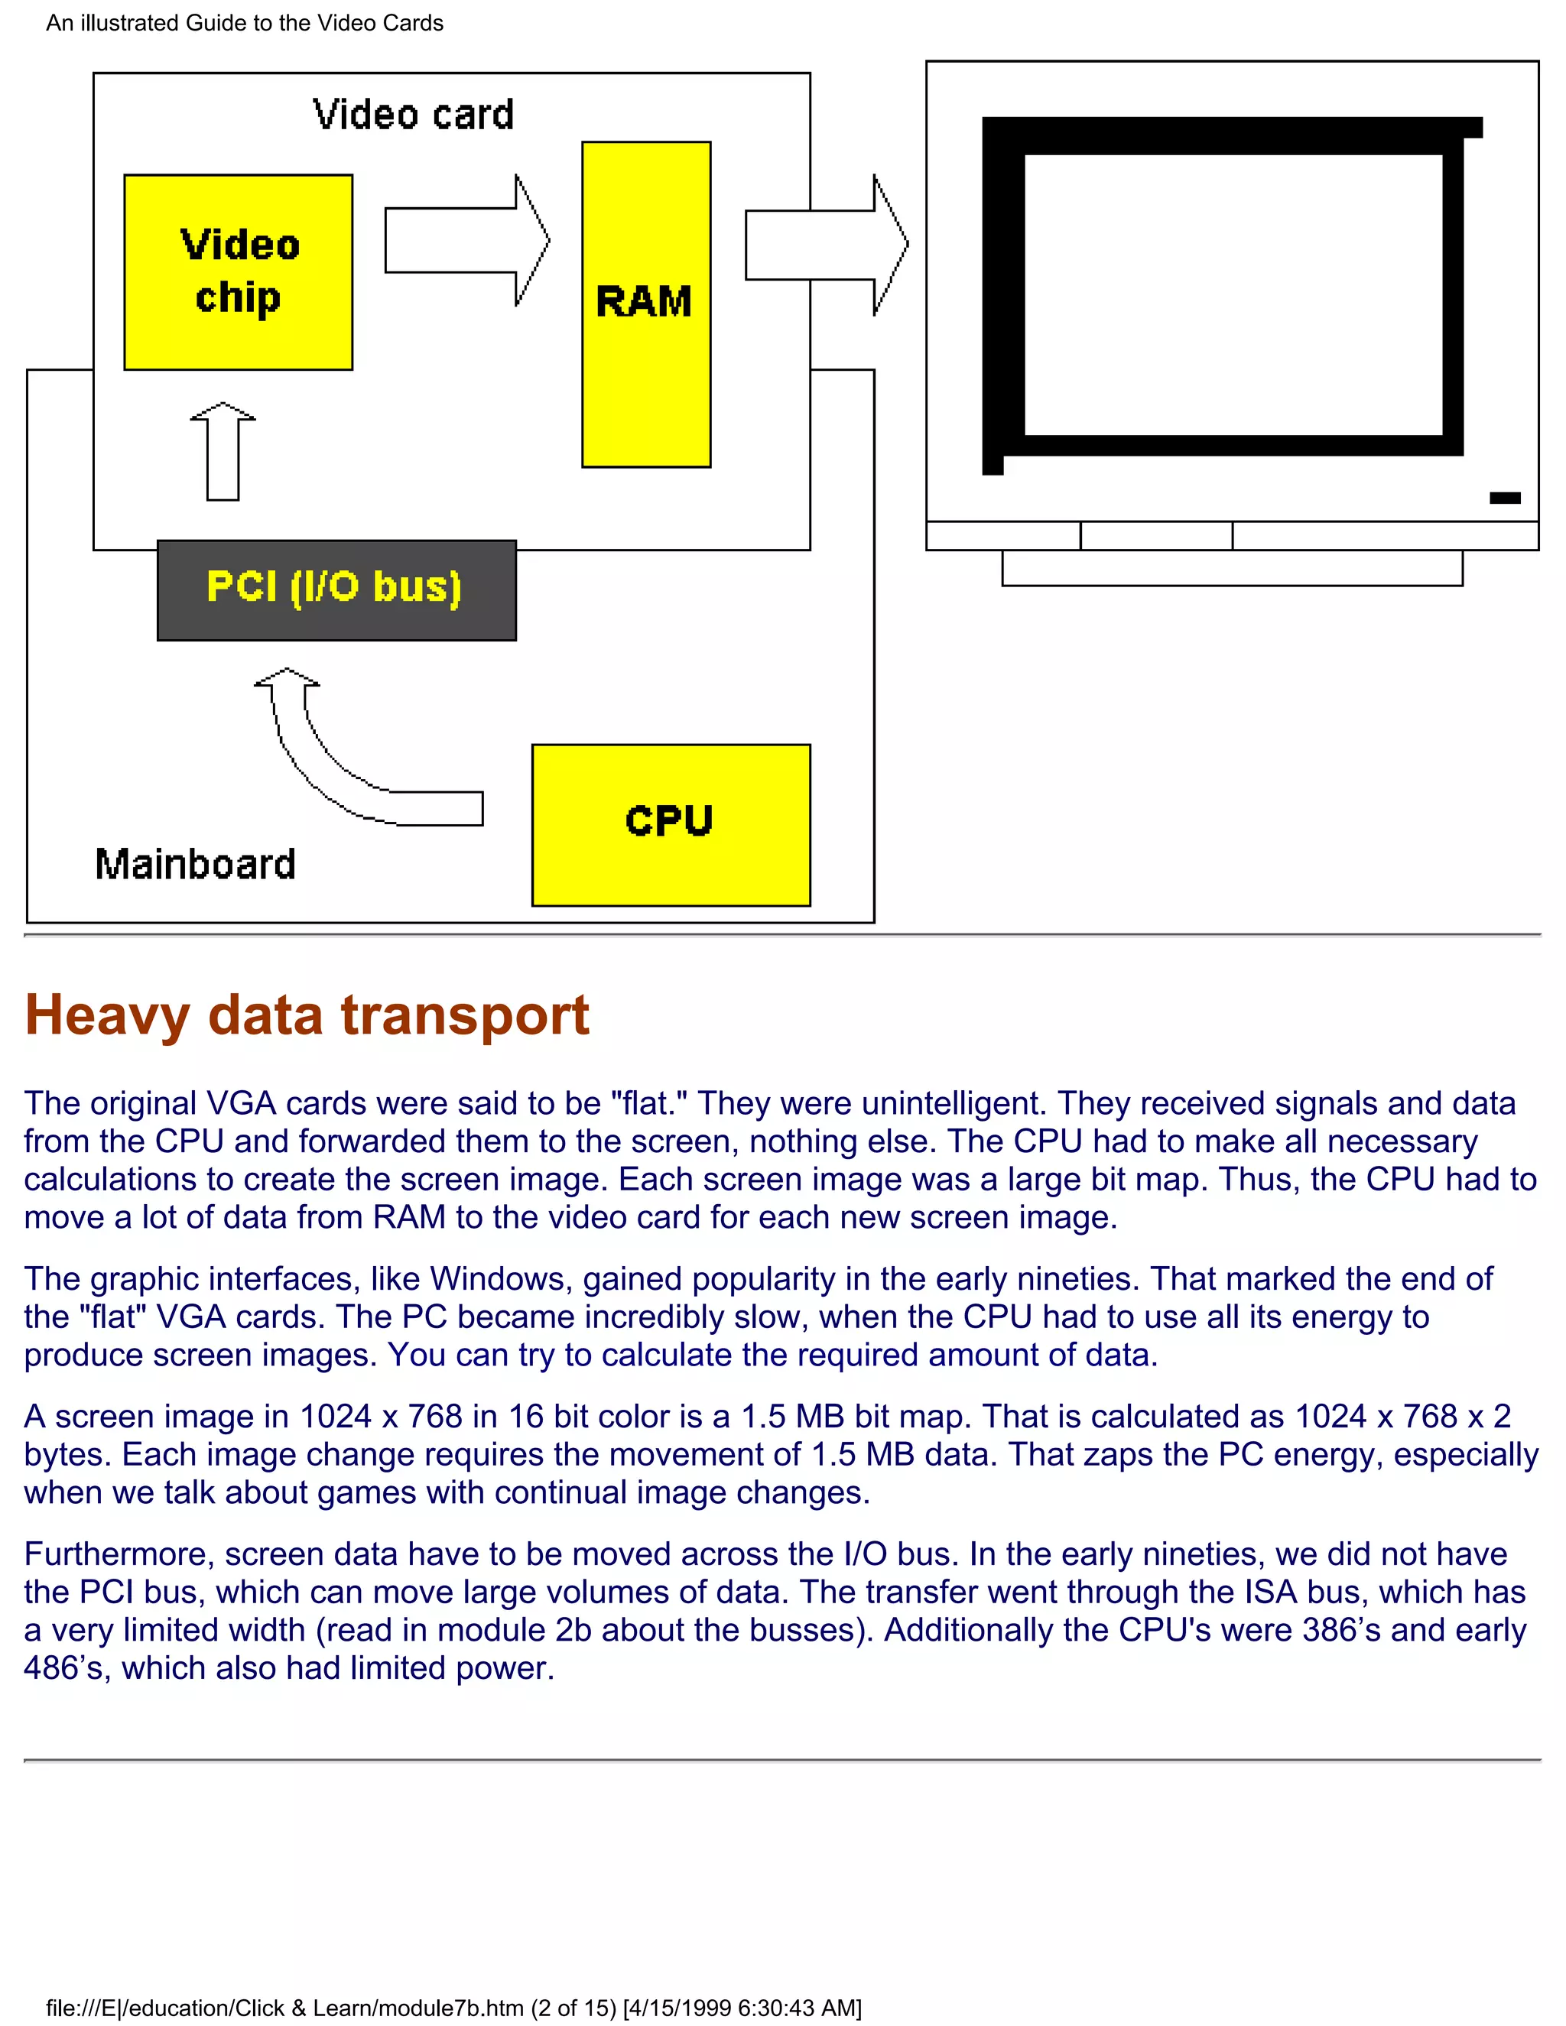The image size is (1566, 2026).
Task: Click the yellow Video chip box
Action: [239, 272]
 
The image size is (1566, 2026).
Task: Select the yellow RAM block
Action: [645, 304]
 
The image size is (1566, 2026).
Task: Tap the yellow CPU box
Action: [671, 825]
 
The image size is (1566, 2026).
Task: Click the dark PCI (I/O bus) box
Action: [336, 590]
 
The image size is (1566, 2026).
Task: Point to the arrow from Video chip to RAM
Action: [466, 240]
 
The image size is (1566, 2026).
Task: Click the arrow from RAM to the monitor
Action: [826, 245]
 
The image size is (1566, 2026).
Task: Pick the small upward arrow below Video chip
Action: [223, 452]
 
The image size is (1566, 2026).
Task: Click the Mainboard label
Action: [196, 865]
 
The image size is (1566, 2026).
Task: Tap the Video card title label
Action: [413, 115]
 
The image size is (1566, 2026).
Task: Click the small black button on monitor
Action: [1505, 498]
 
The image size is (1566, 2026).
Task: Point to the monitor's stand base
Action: [1232, 568]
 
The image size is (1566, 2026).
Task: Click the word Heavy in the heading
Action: [107, 1016]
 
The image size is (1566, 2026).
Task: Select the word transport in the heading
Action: [465, 1016]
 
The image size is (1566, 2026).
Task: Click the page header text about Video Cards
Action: [245, 23]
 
